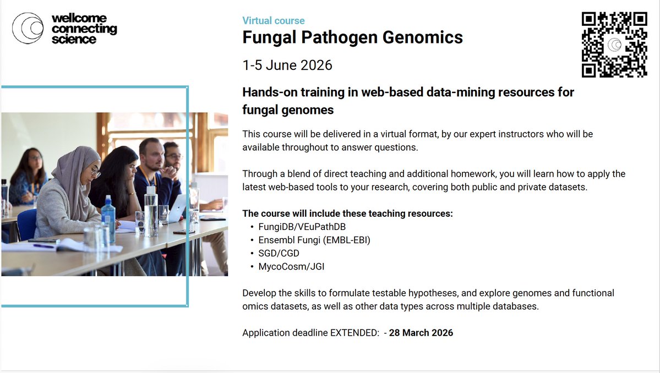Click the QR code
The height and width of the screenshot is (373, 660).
(614, 45)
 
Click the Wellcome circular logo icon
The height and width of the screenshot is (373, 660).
(28, 28)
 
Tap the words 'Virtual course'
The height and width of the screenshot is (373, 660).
(273, 21)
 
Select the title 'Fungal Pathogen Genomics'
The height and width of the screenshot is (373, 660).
(352, 38)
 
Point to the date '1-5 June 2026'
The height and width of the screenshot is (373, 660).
(287, 65)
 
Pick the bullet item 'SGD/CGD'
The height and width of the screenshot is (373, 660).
(280, 253)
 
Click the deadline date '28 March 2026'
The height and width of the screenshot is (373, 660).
(421, 333)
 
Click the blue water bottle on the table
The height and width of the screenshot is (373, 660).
(108, 219)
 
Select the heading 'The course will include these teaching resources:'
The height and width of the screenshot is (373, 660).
(347, 213)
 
